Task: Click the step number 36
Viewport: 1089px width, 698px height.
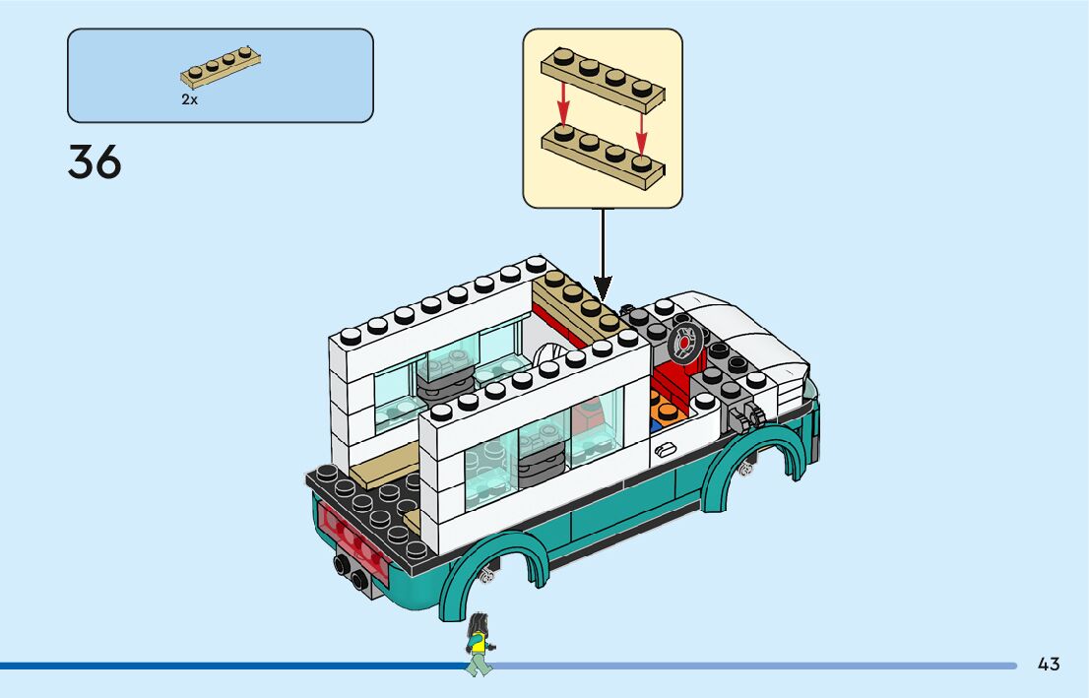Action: [x=95, y=162]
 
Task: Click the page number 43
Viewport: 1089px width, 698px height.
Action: [x=1049, y=665]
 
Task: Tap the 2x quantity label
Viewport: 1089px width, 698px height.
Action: [x=189, y=99]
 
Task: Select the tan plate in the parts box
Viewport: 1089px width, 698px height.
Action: [x=221, y=70]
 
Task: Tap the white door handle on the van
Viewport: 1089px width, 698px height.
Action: [x=666, y=450]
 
